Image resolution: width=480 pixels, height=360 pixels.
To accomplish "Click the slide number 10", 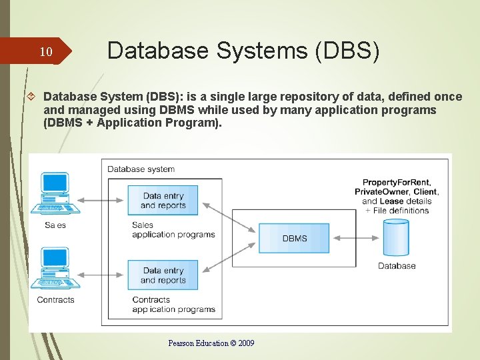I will (45, 52).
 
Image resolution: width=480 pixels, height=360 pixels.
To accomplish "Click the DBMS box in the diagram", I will (294, 239).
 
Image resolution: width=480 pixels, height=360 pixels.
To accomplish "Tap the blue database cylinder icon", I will (396, 238).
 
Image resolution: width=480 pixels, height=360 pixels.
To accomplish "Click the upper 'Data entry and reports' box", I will (163, 201).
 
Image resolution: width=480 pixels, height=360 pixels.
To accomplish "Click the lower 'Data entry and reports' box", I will (163, 275).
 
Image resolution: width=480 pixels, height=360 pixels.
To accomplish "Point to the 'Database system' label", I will (141, 169).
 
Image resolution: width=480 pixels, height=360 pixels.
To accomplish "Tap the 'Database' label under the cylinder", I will (397, 266).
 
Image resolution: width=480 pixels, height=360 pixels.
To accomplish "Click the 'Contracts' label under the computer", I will (55, 300).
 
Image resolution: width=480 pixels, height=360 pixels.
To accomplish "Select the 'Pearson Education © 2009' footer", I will (211, 343).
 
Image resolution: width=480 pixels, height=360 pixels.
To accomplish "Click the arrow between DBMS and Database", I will (357, 238).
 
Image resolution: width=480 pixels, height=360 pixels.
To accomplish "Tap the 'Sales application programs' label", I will (173, 229).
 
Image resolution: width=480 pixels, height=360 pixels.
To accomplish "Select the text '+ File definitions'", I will (397, 211).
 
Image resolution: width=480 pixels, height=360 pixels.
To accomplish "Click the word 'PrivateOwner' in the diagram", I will (381, 192).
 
